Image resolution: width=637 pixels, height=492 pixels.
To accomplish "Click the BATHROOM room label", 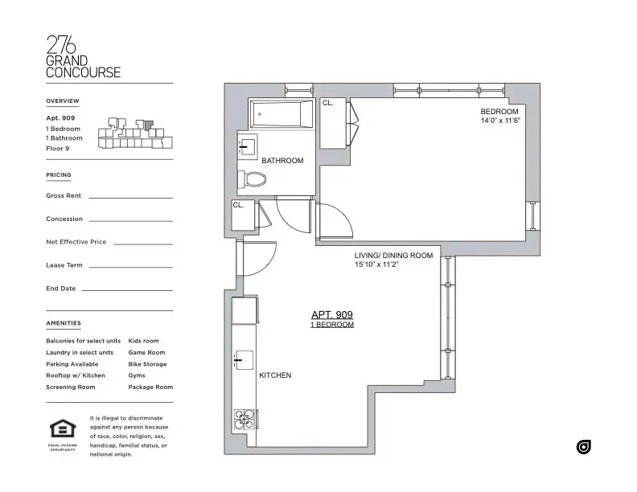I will pyautogui.click(x=282, y=161).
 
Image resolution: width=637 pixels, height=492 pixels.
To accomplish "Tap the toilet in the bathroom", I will pyautogui.click(x=253, y=178).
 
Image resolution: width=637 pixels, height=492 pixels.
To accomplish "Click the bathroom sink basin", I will pyautogui.click(x=246, y=146).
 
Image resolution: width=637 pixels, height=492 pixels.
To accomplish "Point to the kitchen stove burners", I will pyautogui.click(x=245, y=419).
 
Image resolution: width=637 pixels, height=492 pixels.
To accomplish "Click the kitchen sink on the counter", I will pyautogui.click(x=244, y=362).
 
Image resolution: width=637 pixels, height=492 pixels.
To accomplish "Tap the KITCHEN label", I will pyautogui.click(x=275, y=375).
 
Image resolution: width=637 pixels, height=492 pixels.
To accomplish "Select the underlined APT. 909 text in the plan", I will pyautogui.click(x=332, y=315).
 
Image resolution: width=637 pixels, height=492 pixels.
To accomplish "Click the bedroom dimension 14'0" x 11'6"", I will pyautogui.click(x=501, y=121).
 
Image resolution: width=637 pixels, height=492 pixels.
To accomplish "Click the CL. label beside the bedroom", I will pyautogui.click(x=328, y=104).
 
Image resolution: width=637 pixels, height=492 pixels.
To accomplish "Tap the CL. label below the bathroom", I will pyautogui.click(x=238, y=205).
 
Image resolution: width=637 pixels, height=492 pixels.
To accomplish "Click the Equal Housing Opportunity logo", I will pyautogui.click(x=62, y=430).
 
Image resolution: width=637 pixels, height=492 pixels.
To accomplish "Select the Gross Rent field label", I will pyautogui.click(x=64, y=195).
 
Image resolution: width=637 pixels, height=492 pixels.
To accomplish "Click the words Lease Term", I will pyautogui.click(x=64, y=265).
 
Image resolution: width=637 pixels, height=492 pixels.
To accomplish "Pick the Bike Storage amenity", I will pyautogui.click(x=147, y=364).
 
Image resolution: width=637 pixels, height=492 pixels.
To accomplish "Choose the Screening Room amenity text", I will pyautogui.click(x=71, y=387).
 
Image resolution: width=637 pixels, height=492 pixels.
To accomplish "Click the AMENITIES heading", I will pyautogui.click(x=64, y=323).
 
